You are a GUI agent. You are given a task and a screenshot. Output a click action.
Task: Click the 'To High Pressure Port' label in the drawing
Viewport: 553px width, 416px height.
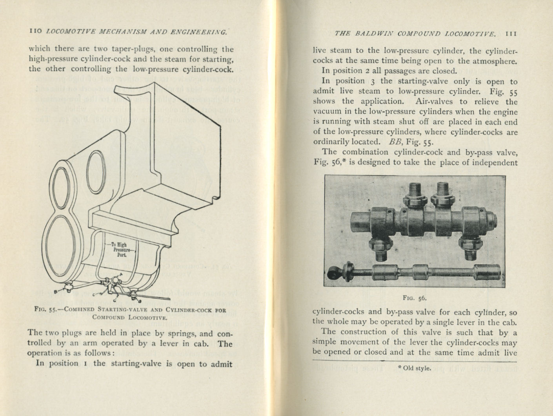[x=119, y=249]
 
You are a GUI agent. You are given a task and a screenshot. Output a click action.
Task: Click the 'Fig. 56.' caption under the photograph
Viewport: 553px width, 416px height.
[x=414, y=298]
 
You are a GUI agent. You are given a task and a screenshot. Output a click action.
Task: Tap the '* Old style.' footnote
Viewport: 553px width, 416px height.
[x=415, y=368]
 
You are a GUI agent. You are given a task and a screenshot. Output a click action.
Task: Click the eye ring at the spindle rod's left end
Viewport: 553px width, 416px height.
[x=333, y=272]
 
